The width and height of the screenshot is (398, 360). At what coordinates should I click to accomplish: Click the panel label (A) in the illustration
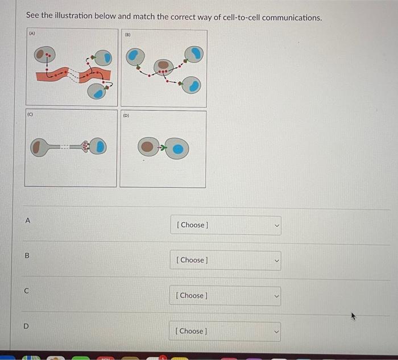[x=32, y=34]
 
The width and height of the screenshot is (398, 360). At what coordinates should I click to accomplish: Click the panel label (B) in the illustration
[x=127, y=34]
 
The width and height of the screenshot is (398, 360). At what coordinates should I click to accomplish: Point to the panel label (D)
[x=126, y=115]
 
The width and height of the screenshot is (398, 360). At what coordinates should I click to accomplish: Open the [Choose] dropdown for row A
[x=225, y=225]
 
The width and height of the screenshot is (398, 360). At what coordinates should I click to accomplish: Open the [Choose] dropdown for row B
[x=225, y=260]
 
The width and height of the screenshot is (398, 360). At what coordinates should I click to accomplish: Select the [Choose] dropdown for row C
[x=225, y=295]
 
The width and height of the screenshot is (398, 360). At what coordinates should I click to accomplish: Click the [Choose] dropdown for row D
[x=225, y=331]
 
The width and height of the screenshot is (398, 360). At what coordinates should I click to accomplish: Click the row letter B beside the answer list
[x=26, y=256]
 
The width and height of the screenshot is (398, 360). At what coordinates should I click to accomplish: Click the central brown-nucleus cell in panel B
[x=163, y=68]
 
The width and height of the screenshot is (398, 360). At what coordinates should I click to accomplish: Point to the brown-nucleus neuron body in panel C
[x=38, y=147]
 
